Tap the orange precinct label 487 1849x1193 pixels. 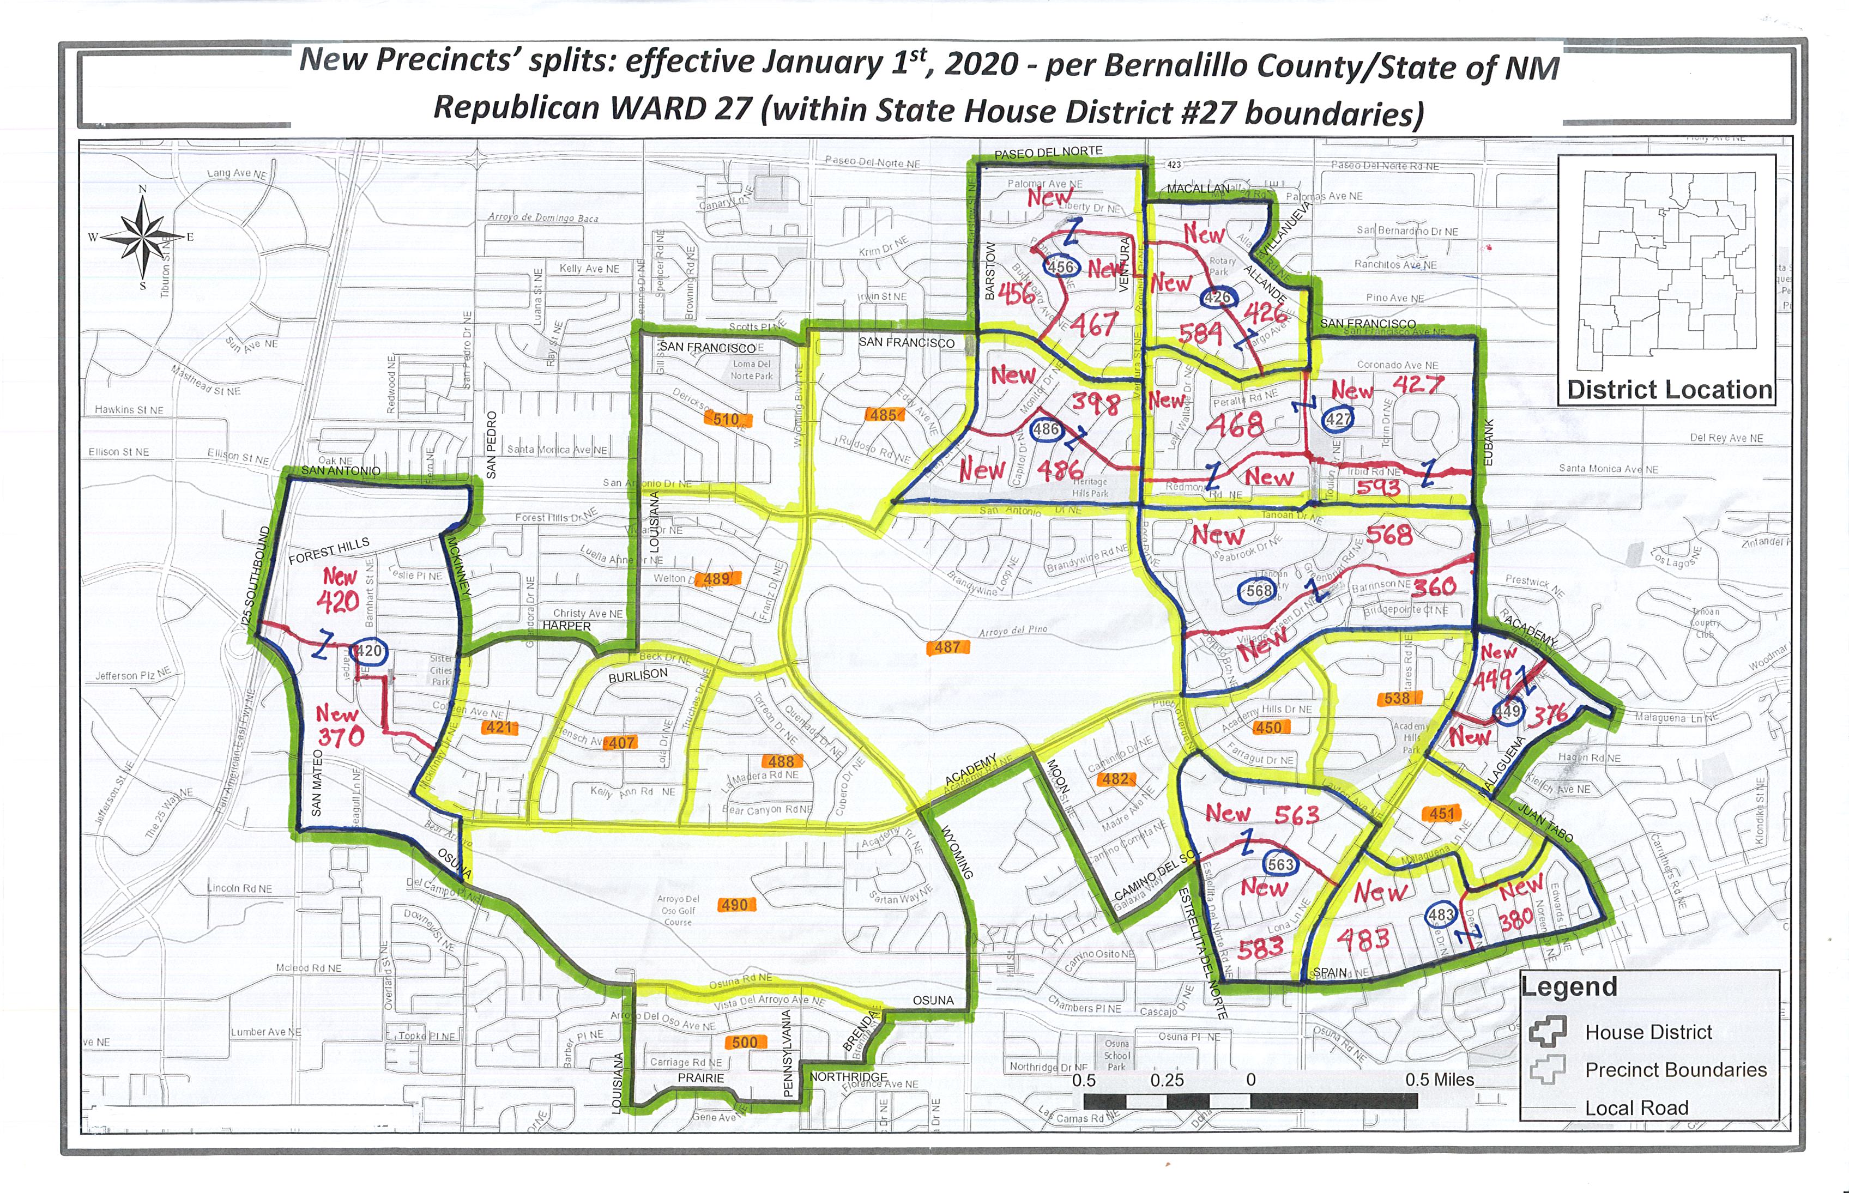947,647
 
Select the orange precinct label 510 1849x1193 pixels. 726,419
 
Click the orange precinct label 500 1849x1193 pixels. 745,1042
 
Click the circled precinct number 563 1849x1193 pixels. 1280,864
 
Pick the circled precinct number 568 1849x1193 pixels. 1258,590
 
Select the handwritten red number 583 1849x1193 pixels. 1260,947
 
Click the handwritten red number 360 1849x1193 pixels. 1434,586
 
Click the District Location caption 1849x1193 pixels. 1669,390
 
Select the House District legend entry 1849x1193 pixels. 1648,1032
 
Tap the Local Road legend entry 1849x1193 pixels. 1636,1108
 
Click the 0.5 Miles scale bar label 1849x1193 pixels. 1439,1080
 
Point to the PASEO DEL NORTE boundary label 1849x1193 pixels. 1048,152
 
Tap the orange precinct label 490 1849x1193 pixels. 734,905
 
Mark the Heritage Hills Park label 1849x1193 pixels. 1090,487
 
